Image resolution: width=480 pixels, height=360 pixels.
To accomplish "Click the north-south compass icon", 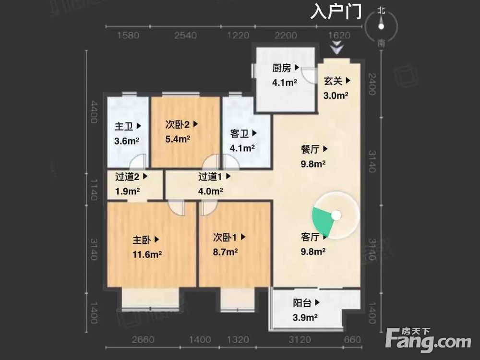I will pyautogui.click(x=381, y=27).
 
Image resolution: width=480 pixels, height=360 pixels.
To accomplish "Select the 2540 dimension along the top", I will pyautogui.click(x=186, y=36).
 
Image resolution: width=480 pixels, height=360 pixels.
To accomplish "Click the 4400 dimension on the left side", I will pyautogui.click(x=95, y=112).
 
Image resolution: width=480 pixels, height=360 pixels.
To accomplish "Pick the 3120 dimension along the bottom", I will pyautogui.click(x=300, y=340).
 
